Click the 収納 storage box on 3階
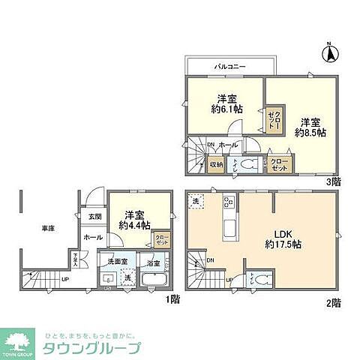coord(216,164)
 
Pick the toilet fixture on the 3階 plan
coord(250,163)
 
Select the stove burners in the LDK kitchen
coord(226,204)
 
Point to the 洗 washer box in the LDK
coord(195,202)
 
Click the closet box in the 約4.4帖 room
coord(161,239)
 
